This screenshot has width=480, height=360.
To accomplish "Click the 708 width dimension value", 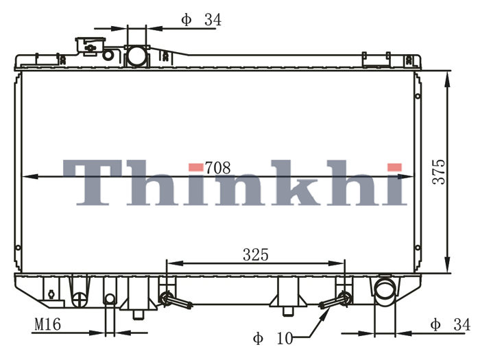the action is coord(217,168).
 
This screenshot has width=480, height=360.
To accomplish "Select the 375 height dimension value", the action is coord(439,171).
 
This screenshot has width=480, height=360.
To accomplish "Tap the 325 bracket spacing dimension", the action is coord(256,254).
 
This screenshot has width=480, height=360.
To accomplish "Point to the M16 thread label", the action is coord(48,324).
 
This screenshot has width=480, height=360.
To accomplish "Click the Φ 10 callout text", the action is coord(273,338).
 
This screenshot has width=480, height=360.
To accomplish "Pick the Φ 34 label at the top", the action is coord(201,20).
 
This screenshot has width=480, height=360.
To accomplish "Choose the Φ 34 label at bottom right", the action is coord(450,324).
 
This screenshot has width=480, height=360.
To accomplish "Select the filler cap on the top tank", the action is coord(91,46).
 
